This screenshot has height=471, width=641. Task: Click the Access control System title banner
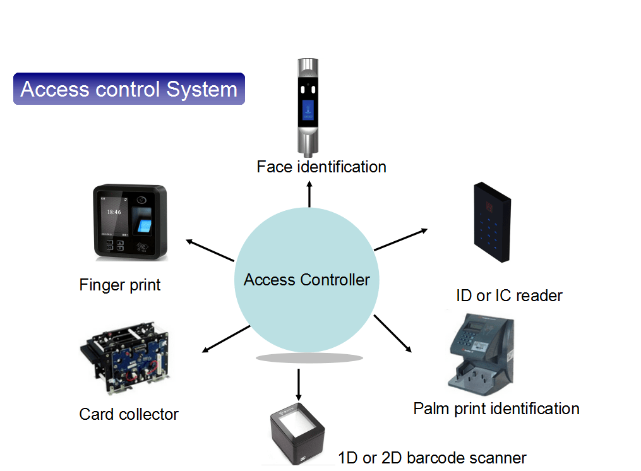(129, 88)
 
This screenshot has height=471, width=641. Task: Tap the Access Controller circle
(307, 280)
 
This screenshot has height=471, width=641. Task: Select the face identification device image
(308, 107)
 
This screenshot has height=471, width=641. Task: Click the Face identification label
(321, 167)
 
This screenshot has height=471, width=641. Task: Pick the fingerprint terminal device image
(130, 222)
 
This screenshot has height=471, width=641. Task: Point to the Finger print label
(120, 285)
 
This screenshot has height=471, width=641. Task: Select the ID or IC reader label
(509, 295)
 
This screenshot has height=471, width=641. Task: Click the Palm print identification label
(496, 408)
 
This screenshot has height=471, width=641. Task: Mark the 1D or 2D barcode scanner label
(432, 458)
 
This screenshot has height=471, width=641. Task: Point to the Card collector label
(129, 414)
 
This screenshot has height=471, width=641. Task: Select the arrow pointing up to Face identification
(309, 194)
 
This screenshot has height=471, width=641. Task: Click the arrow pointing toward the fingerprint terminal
(210, 250)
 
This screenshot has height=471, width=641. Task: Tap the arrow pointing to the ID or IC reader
(401, 239)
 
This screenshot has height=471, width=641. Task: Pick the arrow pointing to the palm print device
(393, 333)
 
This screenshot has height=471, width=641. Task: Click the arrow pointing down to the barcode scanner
(298, 383)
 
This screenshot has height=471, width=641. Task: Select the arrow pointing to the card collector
(225, 338)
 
